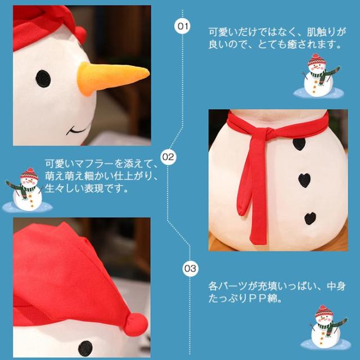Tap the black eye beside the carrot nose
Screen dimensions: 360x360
[43, 79]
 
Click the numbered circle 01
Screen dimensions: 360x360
[182, 26]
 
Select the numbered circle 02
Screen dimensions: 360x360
[168, 157]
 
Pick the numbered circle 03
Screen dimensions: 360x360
[190, 268]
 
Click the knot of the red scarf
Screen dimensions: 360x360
[268, 133]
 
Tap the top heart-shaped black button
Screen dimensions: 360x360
[299, 144]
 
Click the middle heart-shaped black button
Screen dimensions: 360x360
[304, 181]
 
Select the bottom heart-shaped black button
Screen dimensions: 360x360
[310, 219]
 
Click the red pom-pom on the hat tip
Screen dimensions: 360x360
[136, 325]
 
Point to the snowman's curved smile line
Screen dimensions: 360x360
[78, 129]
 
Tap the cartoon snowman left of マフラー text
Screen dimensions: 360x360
[27, 190]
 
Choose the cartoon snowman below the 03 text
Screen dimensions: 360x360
[326, 327]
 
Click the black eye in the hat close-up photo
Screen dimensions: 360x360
[85, 349]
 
